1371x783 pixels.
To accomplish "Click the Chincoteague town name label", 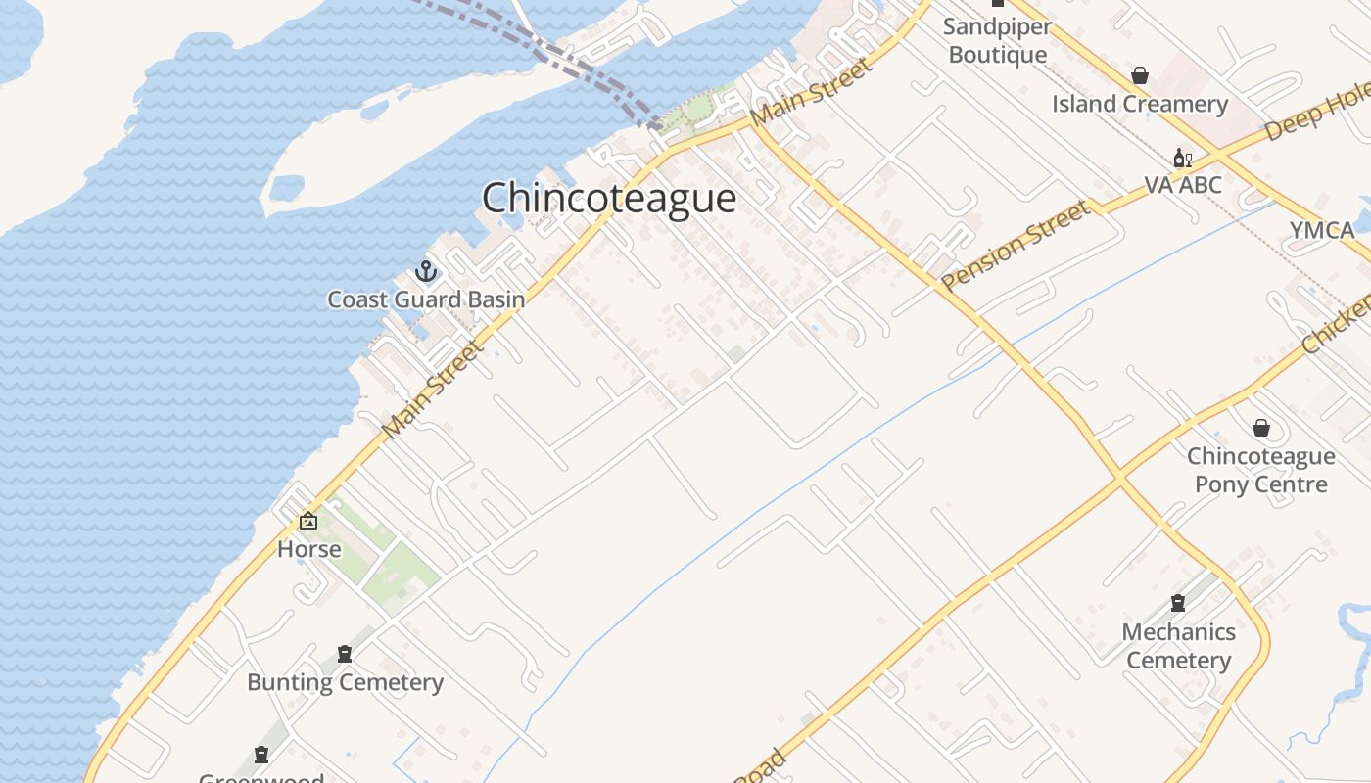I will [x=608, y=199].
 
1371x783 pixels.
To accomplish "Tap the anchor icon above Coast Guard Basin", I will [x=426, y=270].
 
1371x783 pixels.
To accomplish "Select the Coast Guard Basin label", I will [x=426, y=299].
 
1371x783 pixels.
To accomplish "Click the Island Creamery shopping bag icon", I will [x=1140, y=75].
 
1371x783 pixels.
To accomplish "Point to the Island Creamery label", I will [x=1140, y=104].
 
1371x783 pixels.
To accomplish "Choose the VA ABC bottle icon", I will [x=1182, y=159].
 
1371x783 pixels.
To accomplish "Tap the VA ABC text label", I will [x=1183, y=185].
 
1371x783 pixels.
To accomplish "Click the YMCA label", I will [x=1322, y=231].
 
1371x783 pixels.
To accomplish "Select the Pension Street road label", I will [x=1016, y=245].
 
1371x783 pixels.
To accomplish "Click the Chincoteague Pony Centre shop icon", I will [x=1261, y=428].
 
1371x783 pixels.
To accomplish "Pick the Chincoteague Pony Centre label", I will [x=1261, y=470].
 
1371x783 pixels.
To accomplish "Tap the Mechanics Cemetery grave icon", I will [x=1178, y=604].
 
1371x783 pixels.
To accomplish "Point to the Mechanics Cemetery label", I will [x=1178, y=646].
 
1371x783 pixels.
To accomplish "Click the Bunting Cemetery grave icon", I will [x=345, y=654].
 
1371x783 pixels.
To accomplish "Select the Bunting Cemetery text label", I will [x=345, y=682].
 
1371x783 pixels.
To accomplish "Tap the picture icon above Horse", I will [x=308, y=521].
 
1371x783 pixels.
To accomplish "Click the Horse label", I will [x=309, y=549].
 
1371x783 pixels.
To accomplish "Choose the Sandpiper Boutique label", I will [x=998, y=41].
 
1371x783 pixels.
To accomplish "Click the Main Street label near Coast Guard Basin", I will [x=433, y=390].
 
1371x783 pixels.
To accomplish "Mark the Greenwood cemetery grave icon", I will [x=261, y=755].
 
